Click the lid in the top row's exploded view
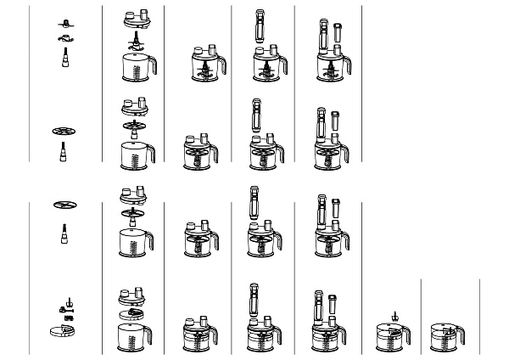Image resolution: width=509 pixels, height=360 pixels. (134, 17)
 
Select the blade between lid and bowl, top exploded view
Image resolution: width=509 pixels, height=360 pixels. (134, 40)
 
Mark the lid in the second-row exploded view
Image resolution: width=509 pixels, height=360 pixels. (134, 107)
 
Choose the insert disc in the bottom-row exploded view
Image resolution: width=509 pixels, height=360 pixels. (133, 314)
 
